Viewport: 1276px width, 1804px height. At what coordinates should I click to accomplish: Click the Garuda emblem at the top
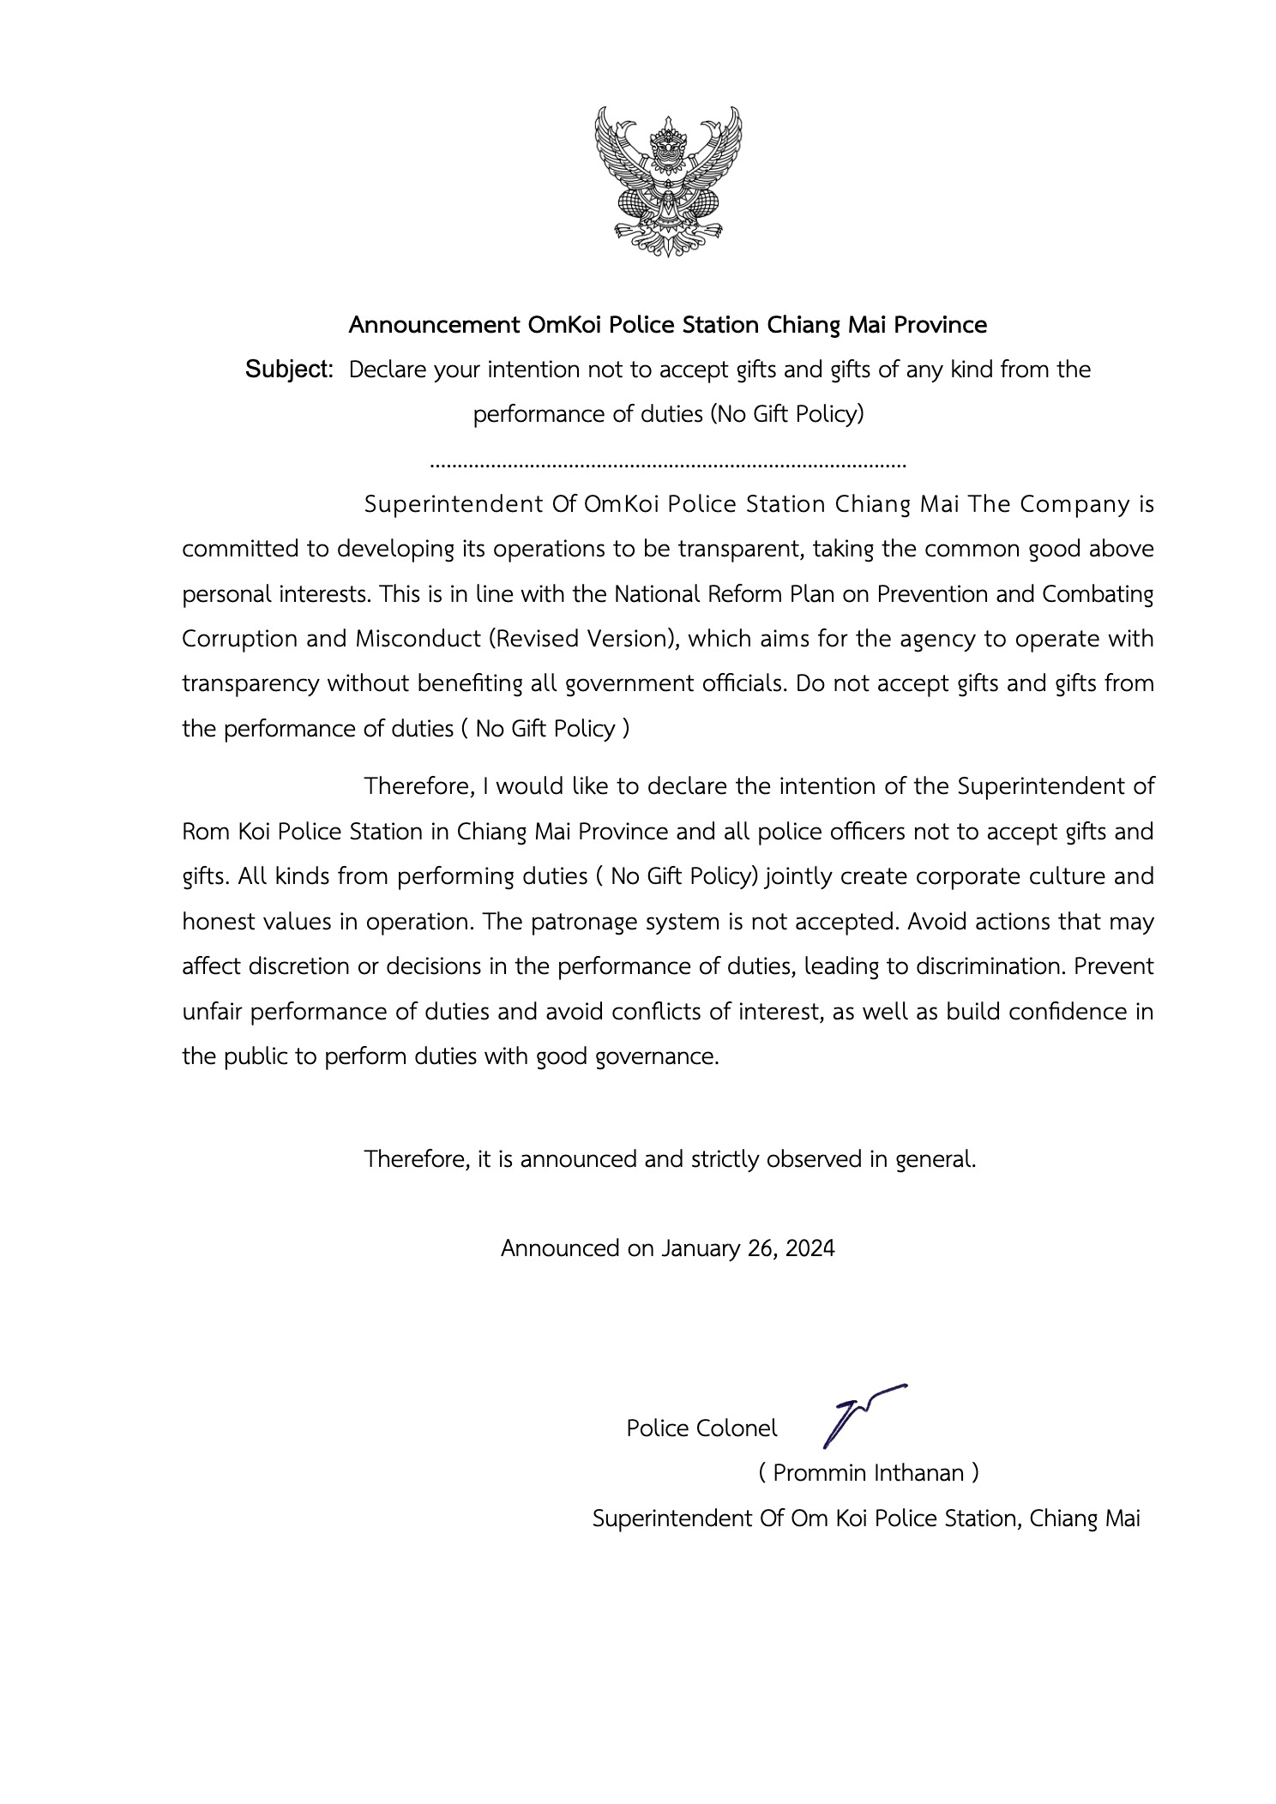[x=668, y=181]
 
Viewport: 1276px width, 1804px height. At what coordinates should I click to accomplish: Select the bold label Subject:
[x=289, y=370]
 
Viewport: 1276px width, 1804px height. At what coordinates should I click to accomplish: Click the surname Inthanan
[x=918, y=1473]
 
